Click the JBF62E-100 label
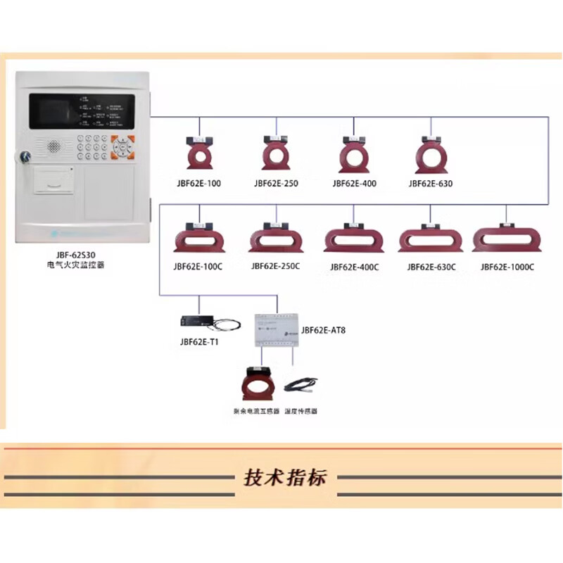[199, 184]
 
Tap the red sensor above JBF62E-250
[275, 153]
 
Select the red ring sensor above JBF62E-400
[353, 153]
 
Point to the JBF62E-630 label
[430, 184]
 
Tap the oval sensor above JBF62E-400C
[353, 238]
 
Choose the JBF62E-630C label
[431, 267]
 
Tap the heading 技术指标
[285, 478]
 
